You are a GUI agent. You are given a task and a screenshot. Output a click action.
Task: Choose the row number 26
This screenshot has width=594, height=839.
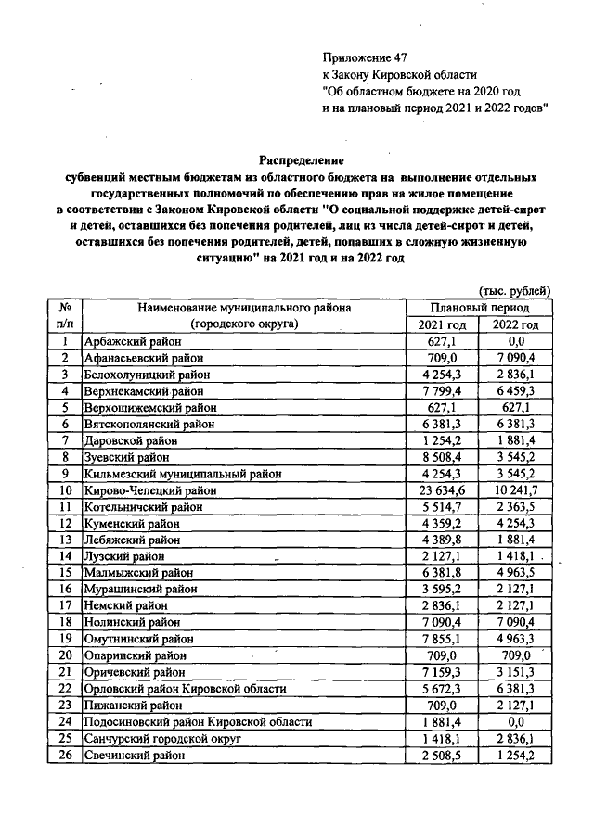(65, 756)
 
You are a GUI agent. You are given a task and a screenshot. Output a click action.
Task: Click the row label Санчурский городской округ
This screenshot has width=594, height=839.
(162, 740)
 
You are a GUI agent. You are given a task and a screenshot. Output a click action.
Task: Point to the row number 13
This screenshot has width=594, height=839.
(65, 540)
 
